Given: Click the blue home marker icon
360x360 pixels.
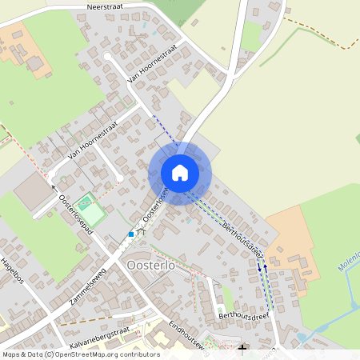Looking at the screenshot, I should click(180, 172).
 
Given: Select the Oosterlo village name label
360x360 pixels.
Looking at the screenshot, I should click(152, 265).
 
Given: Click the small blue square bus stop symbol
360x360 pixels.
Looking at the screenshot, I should click(131, 234).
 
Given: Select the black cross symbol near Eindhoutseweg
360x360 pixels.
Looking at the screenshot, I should click(242, 348).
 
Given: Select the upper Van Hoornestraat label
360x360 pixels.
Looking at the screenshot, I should click(151, 64).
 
